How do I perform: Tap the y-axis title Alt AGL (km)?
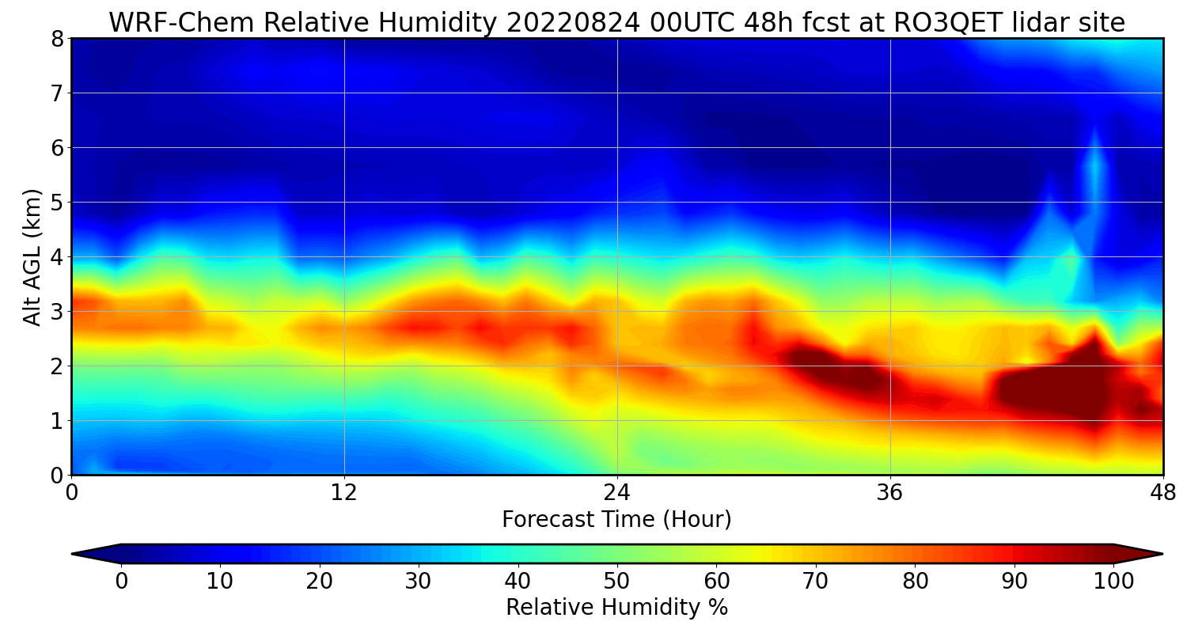point(32,256)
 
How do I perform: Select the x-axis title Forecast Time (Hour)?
point(616,520)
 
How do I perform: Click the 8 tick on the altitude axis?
point(57,39)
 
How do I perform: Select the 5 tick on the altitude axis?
point(57,203)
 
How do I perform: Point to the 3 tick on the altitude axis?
point(57,312)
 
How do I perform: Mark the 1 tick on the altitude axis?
point(57,421)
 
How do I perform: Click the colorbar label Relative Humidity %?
point(616,608)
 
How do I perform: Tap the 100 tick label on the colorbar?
point(1113,582)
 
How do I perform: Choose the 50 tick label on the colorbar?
point(616,582)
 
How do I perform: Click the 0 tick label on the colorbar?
point(121,582)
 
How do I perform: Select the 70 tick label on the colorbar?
point(815,582)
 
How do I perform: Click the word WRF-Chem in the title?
point(182,23)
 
